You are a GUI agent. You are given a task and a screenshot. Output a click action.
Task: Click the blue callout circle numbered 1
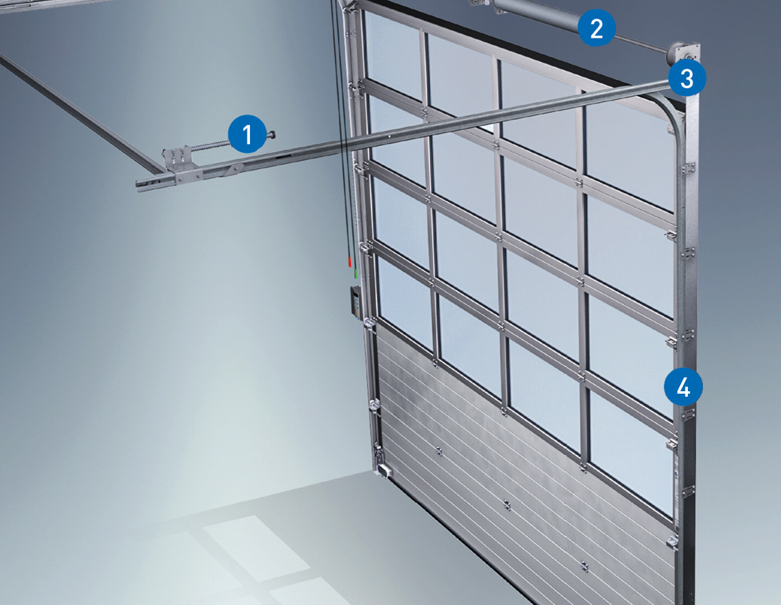(x=247, y=134)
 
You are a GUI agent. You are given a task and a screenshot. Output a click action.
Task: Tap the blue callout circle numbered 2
(x=597, y=28)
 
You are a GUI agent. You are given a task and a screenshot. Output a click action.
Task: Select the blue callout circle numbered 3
(x=687, y=77)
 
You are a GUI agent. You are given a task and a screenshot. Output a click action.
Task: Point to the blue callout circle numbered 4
(x=684, y=386)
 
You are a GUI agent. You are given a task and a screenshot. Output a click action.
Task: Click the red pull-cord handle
(x=349, y=262)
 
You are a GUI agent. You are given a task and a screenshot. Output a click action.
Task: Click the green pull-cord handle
(x=356, y=273)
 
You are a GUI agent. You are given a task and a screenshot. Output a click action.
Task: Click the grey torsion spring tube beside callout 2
(x=537, y=15)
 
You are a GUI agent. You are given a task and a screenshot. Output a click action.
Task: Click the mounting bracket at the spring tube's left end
(x=480, y=3)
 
